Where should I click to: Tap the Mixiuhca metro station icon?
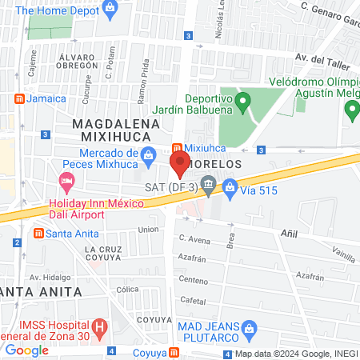point(178,147)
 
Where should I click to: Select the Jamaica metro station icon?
point(18,98)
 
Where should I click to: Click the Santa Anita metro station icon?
point(38,233)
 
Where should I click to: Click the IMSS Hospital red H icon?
point(99,327)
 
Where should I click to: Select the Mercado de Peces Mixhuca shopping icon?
point(148,156)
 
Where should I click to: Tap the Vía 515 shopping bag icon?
point(230,188)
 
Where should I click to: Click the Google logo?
point(26,350)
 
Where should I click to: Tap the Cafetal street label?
point(193,299)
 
